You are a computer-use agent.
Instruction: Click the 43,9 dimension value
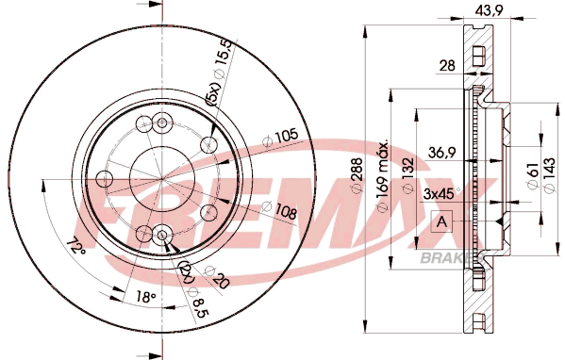click(488, 11)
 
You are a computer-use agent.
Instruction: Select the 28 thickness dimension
click(447, 66)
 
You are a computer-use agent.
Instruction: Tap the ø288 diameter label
click(357, 175)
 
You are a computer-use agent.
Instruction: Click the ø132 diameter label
click(407, 175)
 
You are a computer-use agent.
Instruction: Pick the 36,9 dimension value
click(442, 153)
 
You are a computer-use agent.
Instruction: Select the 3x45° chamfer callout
click(441, 194)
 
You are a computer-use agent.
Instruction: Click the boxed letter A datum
click(441, 221)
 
